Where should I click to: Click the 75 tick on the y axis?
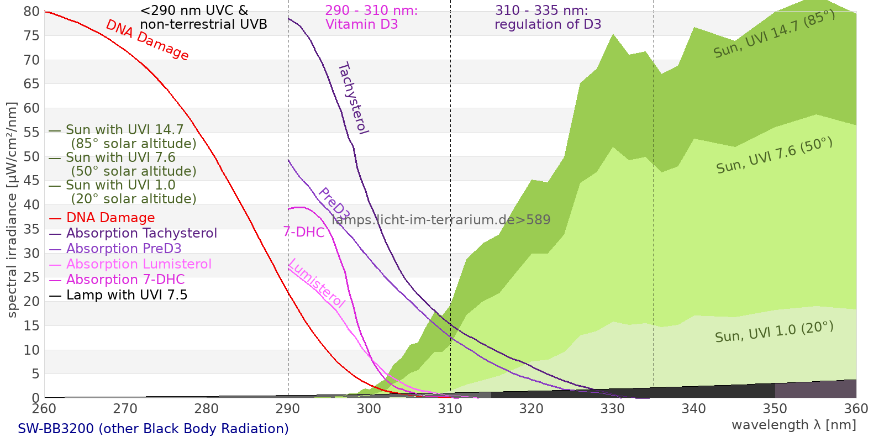tap(32, 36)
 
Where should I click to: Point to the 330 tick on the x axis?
tap(612, 409)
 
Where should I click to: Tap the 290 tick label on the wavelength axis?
tap(288, 409)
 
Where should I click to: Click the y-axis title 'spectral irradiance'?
tap(12, 210)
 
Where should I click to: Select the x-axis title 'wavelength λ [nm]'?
tap(793, 425)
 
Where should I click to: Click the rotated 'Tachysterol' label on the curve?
tap(353, 98)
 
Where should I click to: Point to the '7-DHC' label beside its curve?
tap(304, 232)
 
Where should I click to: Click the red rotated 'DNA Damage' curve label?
tap(148, 40)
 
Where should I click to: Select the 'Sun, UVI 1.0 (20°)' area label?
tap(774, 332)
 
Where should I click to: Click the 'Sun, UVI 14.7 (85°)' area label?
tap(774, 34)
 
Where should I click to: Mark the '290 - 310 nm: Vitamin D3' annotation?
tap(371, 17)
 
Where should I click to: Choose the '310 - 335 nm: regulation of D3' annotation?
tap(548, 17)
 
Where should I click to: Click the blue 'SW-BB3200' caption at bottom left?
tap(153, 429)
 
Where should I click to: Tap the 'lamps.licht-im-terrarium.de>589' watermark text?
tap(441, 220)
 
